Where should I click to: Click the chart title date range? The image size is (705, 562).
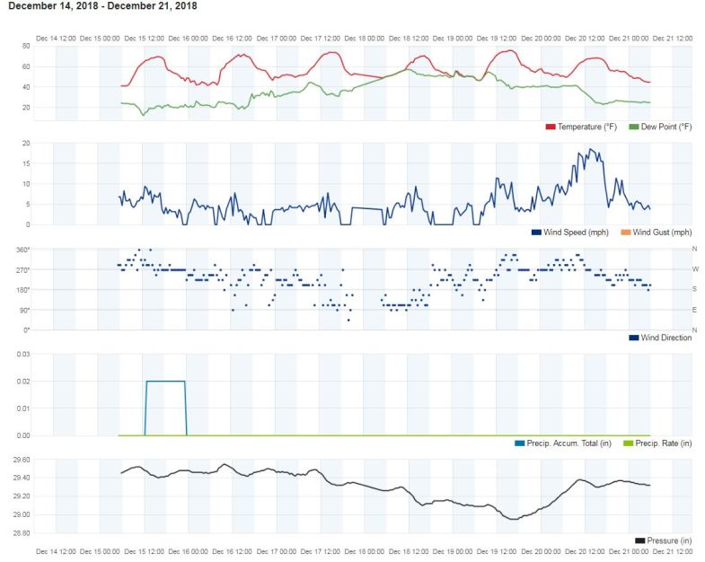pyautogui.click(x=102, y=6)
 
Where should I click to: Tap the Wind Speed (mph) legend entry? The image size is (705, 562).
pyautogui.click(x=572, y=233)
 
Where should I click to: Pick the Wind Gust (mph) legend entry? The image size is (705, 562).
pyautogui.click(x=662, y=233)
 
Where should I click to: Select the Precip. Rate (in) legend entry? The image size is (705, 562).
pyautogui.click(x=662, y=443)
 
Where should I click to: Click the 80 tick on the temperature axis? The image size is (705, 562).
pyautogui.click(x=26, y=46)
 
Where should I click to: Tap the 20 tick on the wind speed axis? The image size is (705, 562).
pyautogui.click(x=26, y=144)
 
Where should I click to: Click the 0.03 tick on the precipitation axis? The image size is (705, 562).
pyautogui.click(x=24, y=355)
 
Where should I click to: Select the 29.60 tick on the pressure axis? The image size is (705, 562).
pyautogui.click(x=22, y=460)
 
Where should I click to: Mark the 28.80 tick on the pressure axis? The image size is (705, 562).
pyautogui.click(x=22, y=533)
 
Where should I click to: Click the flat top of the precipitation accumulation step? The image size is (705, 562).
pyautogui.click(x=165, y=382)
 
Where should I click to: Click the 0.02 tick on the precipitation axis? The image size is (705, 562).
pyautogui.click(x=24, y=382)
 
